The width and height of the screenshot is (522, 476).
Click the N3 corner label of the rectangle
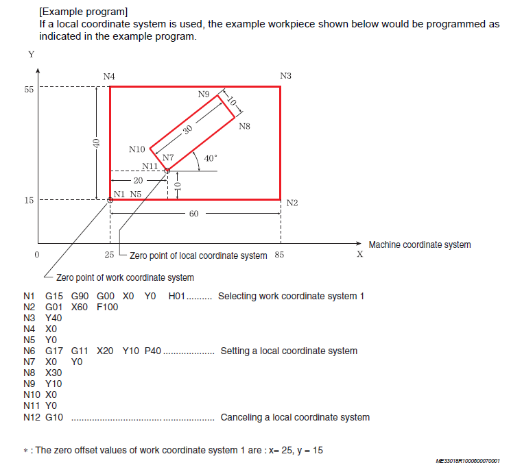click(x=285, y=76)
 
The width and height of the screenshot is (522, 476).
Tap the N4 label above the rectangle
click(x=109, y=77)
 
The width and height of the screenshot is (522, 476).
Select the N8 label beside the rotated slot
click(x=244, y=126)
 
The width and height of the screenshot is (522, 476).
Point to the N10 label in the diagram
click(x=137, y=149)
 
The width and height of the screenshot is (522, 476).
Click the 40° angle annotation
click(x=211, y=158)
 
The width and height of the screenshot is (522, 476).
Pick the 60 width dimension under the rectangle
click(x=193, y=214)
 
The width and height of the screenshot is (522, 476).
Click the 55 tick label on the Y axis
click(x=29, y=90)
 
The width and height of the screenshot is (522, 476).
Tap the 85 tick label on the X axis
click(x=279, y=255)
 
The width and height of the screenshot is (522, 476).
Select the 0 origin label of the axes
click(x=36, y=255)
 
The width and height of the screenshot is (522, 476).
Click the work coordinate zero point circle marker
click(x=110, y=200)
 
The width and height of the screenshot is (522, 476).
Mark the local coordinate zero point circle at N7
click(x=167, y=171)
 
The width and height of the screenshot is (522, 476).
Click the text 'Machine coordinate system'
click(x=420, y=245)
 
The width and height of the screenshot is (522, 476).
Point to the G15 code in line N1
click(x=54, y=296)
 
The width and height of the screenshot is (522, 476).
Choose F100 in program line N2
click(x=107, y=307)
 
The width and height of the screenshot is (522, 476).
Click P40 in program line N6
click(x=153, y=351)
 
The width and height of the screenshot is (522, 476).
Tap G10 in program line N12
click(x=54, y=417)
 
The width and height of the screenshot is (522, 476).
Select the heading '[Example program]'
click(x=83, y=12)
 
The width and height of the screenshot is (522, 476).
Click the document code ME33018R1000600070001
click(x=468, y=461)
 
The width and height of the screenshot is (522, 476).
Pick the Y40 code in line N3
click(x=54, y=318)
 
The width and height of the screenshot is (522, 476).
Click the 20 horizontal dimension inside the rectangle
click(x=138, y=181)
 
